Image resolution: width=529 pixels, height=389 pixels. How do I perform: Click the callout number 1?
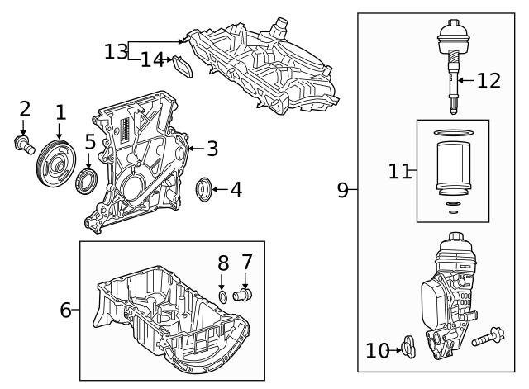point(60,111)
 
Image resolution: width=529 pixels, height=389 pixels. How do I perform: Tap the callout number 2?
point(25,108)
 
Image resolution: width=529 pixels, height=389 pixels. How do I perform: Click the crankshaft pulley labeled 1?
point(57,165)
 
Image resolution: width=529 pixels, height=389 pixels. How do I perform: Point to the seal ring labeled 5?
point(87,181)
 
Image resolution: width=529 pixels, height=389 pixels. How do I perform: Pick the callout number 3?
point(212,149)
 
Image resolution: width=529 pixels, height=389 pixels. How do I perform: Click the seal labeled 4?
point(204,190)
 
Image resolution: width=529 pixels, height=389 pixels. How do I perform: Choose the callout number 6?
point(66,311)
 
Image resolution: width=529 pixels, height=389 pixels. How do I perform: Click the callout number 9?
point(343,190)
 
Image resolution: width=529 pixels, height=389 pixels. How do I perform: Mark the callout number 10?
point(377,351)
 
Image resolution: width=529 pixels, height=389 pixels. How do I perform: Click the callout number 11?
point(399,171)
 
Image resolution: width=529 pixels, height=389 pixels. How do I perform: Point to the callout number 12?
point(488,80)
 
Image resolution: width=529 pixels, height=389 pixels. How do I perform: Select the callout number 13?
point(115,51)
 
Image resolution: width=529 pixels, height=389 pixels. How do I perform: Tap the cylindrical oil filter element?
point(452,169)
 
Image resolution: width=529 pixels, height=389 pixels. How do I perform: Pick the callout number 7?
point(246,263)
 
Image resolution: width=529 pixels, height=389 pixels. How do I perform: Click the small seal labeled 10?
point(406,348)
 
